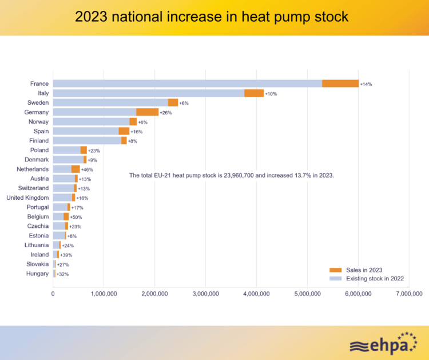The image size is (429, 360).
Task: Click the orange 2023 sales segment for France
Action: [x=340, y=84]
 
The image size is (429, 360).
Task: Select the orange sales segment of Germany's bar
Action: [x=147, y=112]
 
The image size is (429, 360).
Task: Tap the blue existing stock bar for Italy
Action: [x=149, y=93]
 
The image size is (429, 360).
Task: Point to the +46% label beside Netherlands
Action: [x=88, y=169]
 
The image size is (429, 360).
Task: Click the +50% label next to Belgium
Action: [x=76, y=217]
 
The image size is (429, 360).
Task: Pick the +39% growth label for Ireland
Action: [x=66, y=255]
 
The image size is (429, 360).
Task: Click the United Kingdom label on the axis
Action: [x=27, y=197]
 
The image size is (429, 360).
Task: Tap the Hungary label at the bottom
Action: [x=37, y=274]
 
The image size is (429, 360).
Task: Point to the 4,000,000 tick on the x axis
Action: [x=256, y=294]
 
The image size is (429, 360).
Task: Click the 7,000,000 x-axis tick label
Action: [x=408, y=294]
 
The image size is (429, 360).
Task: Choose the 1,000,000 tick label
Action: [x=104, y=294]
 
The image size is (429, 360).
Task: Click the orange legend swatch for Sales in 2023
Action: [x=335, y=270]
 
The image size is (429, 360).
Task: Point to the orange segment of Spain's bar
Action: [x=124, y=131]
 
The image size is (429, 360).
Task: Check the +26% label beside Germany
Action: [x=166, y=113]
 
